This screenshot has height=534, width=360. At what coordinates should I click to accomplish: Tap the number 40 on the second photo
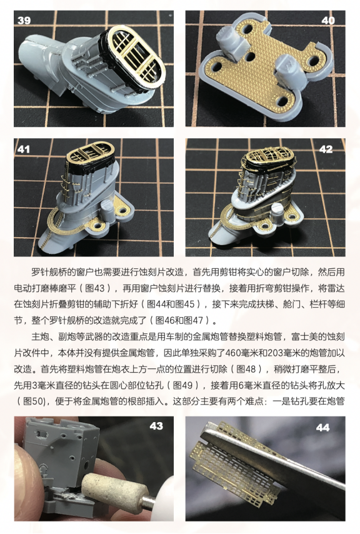327,20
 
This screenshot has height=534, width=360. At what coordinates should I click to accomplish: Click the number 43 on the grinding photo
156,426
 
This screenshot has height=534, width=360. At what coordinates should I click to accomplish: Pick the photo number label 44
323,427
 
